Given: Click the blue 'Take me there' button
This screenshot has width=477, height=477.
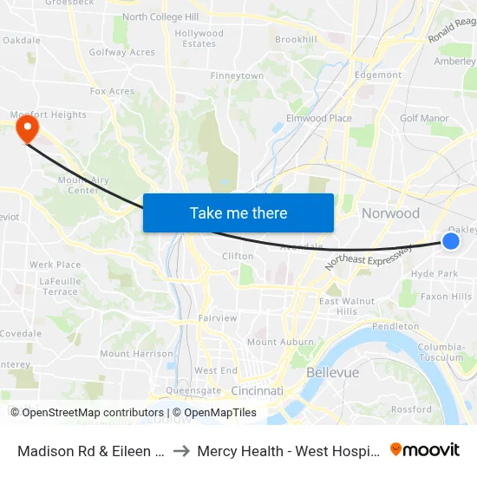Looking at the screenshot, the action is pyautogui.click(x=238, y=213).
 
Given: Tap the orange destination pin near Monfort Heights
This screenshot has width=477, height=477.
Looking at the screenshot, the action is pyautogui.click(x=27, y=129).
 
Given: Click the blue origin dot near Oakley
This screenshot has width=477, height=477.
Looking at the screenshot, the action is pyautogui.click(x=451, y=241).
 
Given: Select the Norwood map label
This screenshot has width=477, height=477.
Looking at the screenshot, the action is pyautogui.click(x=390, y=213).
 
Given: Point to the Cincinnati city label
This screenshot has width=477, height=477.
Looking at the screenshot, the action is pyautogui.click(x=257, y=391).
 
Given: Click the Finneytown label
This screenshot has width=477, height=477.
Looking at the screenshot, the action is pyautogui.click(x=237, y=76).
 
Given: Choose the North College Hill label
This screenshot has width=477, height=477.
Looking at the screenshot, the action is pyautogui.click(x=160, y=16).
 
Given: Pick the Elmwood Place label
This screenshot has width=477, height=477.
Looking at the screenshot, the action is pyautogui.click(x=318, y=118).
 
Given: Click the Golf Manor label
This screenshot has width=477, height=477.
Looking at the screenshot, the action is pyautogui.click(x=424, y=118).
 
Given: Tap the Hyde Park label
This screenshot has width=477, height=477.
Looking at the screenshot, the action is pyautogui.click(x=435, y=273).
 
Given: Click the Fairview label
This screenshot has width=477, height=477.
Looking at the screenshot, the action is pyautogui.click(x=217, y=318).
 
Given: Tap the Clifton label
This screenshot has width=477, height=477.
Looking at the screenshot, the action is pyautogui.click(x=238, y=256).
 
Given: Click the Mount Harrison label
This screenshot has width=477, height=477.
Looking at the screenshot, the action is pyautogui.click(x=136, y=354).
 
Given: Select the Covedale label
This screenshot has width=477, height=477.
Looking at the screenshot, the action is pyautogui.click(x=21, y=333).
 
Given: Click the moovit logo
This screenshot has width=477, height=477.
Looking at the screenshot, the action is pyautogui.click(x=425, y=450).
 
